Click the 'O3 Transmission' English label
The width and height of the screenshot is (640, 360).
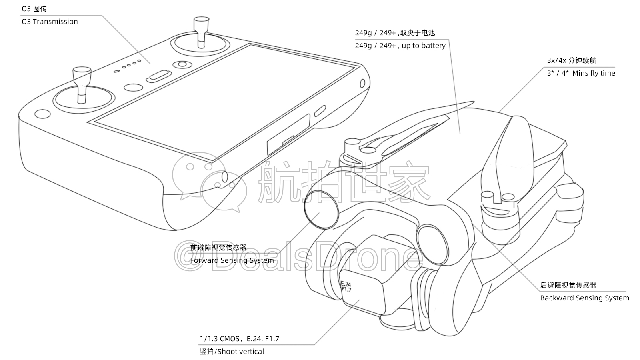pos(50,22)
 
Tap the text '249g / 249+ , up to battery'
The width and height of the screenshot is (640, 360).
pos(400,46)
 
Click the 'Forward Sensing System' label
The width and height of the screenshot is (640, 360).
pos(232,260)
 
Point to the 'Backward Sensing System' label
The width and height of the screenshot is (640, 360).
pos(584,298)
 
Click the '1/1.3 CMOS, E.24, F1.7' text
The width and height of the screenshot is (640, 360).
pos(239,339)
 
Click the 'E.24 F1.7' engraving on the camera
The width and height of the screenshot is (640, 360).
pos(346,286)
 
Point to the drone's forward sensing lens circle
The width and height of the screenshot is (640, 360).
pos(321,208)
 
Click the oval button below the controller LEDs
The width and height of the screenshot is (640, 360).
pos(159,76)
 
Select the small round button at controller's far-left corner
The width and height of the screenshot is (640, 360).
pos(43,113)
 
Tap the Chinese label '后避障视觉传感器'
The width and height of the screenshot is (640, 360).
pos(568,285)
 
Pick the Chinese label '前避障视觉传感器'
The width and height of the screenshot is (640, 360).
pos(218,248)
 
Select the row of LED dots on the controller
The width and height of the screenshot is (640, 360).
pos(128,66)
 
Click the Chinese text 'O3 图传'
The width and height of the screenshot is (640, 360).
pos(34,9)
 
